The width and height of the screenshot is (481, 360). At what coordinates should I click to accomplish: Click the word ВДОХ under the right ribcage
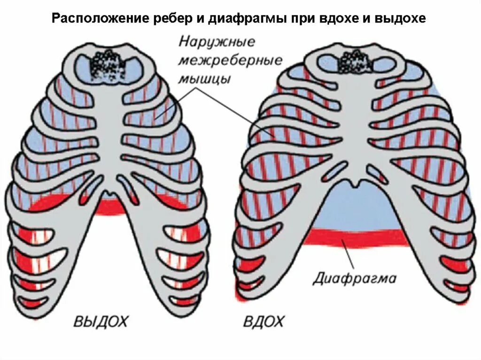264,322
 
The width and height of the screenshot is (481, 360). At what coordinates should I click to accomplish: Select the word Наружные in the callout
217,43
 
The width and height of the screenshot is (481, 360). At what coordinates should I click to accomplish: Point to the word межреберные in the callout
230,61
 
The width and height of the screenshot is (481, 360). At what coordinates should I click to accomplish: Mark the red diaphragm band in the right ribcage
357,237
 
